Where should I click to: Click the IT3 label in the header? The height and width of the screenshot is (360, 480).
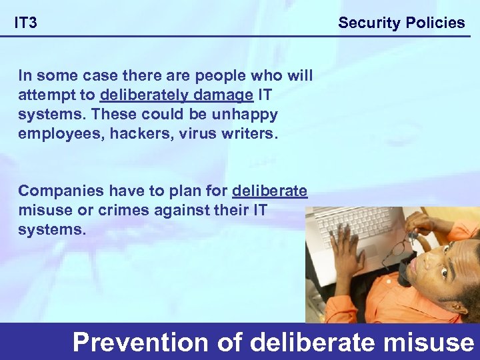[x=26, y=23]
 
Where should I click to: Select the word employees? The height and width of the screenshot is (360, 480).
[x=58, y=133]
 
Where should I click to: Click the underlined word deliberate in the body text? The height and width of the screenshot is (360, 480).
[x=269, y=191]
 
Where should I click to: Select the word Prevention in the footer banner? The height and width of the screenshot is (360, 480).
[x=140, y=342]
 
